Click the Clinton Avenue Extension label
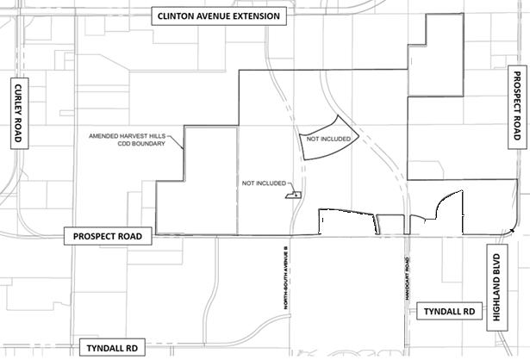220,16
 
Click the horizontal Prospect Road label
111,235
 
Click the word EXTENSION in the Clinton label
254,16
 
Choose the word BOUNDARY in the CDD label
153,145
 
